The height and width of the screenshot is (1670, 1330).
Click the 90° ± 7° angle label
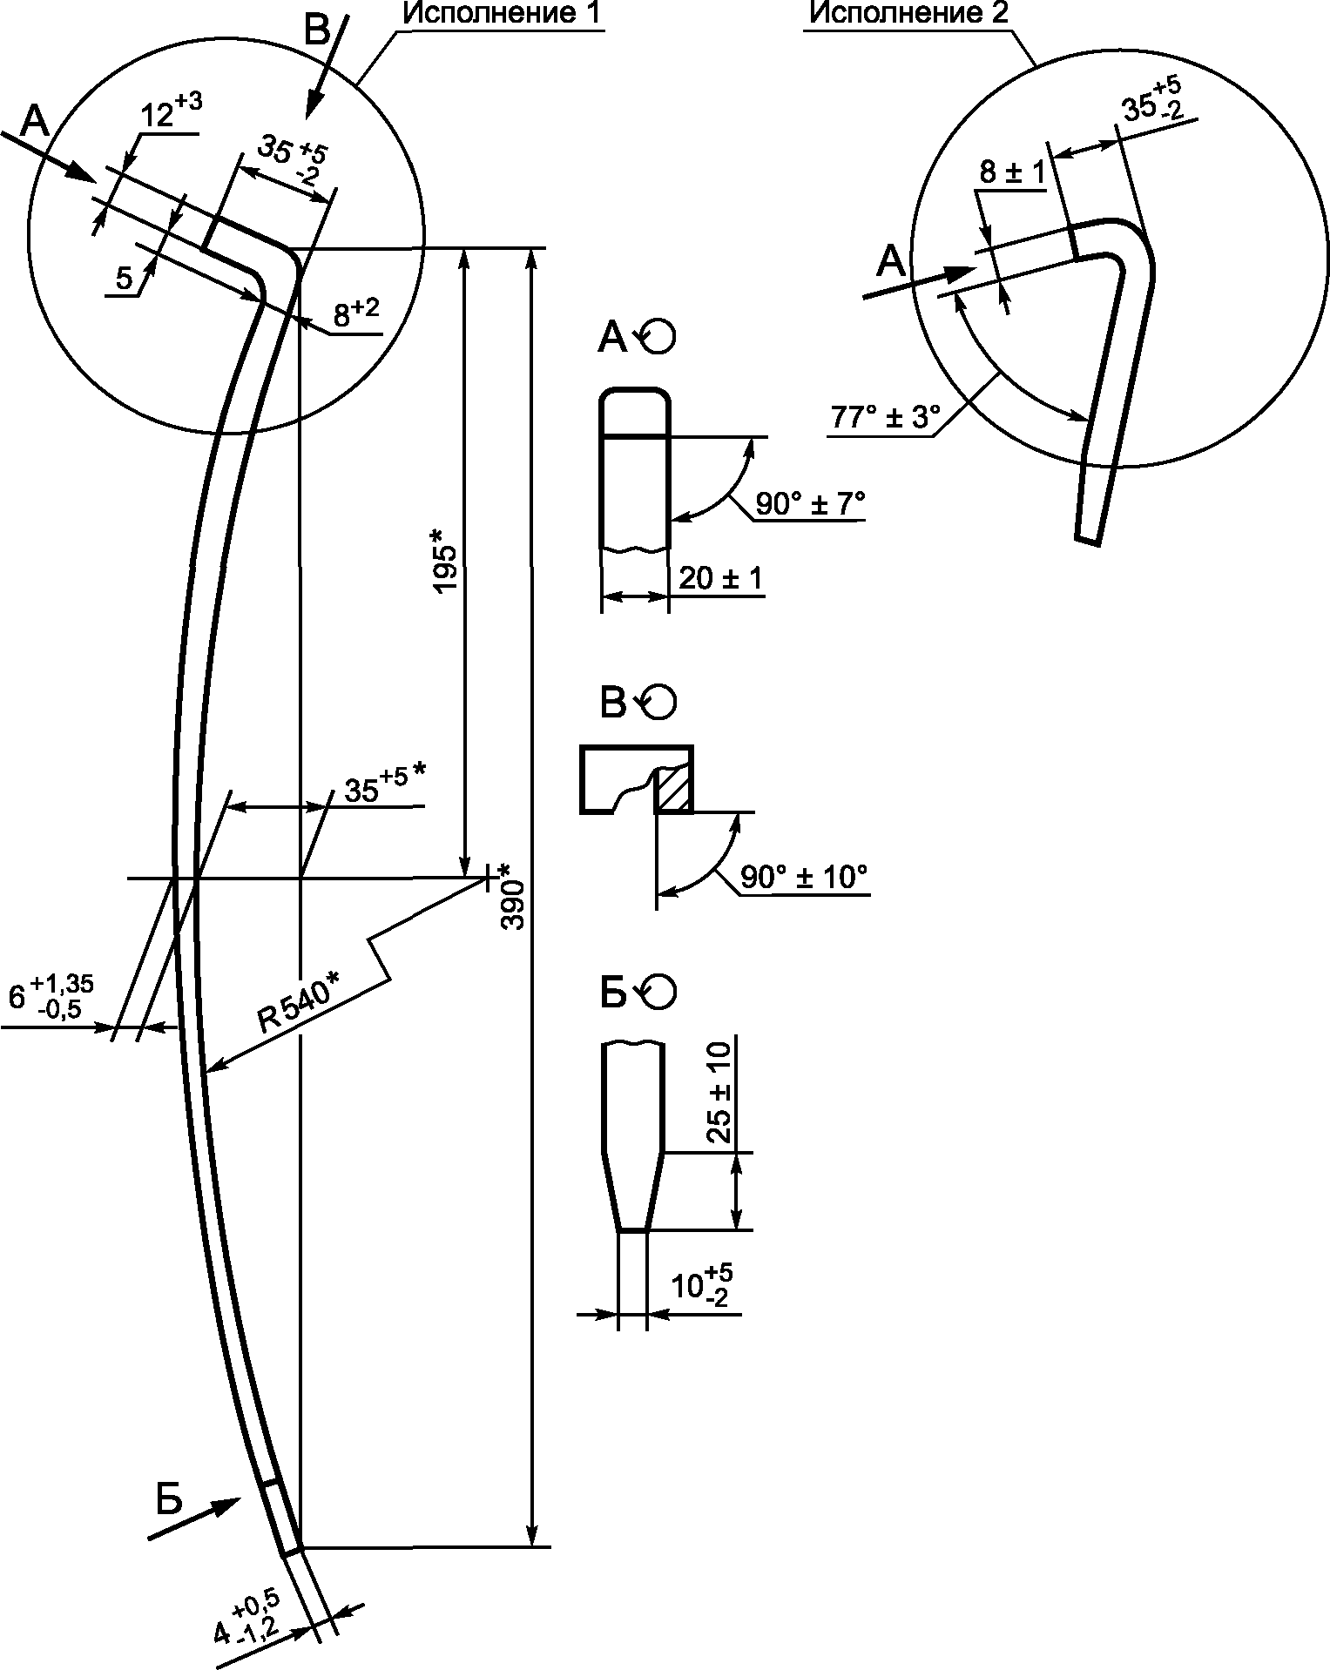(x=810, y=503)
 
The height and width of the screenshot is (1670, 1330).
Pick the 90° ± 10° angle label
(x=805, y=878)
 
